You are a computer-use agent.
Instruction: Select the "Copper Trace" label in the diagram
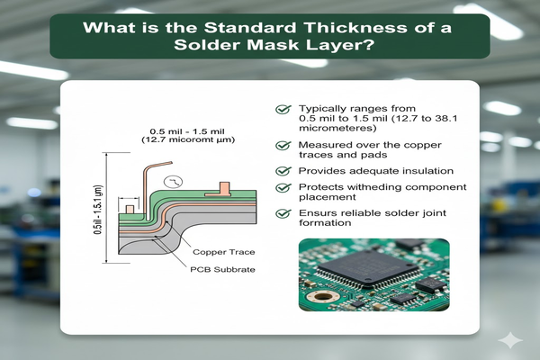point(220,253)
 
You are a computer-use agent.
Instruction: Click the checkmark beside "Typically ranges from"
point(281,109)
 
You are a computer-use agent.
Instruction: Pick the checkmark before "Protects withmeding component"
point(281,187)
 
